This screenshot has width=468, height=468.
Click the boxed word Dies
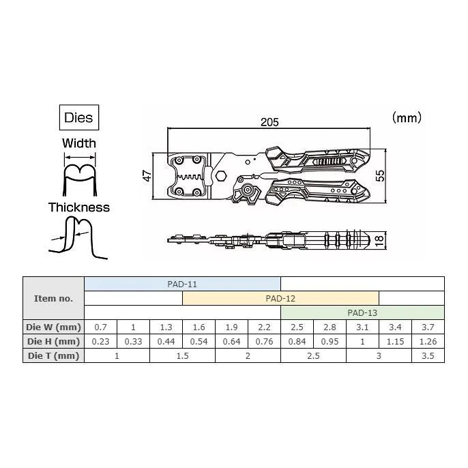click(x=78, y=117)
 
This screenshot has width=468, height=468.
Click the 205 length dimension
click(x=269, y=122)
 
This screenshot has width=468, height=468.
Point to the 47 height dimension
click(x=147, y=176)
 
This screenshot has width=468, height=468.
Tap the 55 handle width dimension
click(x=380, y=175)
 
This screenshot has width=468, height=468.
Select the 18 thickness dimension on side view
click(x=379, y=241)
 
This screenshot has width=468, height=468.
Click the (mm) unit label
click(x=407, y=117)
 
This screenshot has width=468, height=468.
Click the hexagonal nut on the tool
click(x=221, y=175)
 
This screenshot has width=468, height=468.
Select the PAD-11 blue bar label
click(x=182, y=284)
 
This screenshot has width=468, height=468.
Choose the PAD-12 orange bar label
click(x=280, y=298)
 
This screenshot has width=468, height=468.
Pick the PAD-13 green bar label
click(x=362, y=312)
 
